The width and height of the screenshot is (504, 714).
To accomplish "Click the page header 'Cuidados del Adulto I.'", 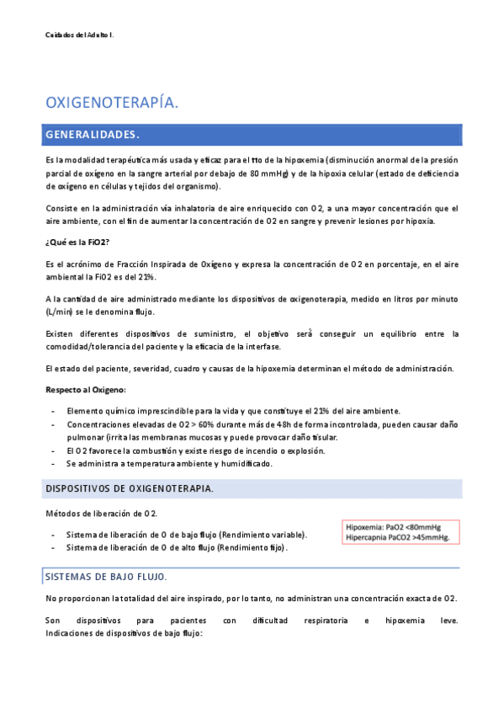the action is click(x=79, y=35).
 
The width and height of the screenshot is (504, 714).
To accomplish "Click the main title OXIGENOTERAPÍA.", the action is click(x=111, y=103).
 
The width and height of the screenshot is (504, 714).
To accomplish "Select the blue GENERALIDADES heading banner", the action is click(x=252, y=135).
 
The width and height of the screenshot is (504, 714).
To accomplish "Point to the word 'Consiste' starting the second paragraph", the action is click(x=62, y=208).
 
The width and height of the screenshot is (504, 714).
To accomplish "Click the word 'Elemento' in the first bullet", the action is click(x=85, y=410).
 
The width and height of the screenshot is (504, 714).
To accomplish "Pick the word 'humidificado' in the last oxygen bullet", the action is click(x=243, y=464).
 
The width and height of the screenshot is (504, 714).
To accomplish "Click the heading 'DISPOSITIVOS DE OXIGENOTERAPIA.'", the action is click(x=129, y=489).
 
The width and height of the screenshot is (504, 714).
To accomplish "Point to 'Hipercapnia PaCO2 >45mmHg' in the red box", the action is click(x=398, y=537).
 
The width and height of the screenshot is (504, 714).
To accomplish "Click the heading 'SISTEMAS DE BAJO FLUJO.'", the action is click(x=105, y=577).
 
